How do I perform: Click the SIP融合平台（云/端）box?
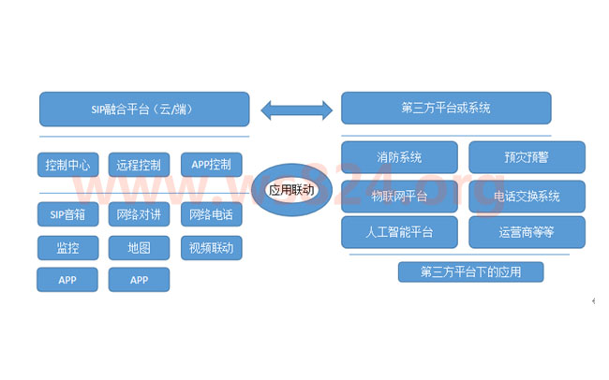(144, 109)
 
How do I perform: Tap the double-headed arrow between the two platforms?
(295, 109)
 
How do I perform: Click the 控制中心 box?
(67, 165)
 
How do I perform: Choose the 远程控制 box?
(139, 165)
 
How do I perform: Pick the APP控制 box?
(211, 165)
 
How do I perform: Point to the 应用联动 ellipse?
(290, 190)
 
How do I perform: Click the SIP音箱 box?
(67, 215)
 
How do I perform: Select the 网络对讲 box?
(139, 215)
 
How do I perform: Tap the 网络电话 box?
(211, 215)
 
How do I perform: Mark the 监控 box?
(67, 248)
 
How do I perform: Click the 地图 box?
(139, 248)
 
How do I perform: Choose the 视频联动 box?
(211, 248)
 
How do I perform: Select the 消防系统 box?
(399, 157)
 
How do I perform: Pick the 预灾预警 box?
(527, 157)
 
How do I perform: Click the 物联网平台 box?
(399, 197)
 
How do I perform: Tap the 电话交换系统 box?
(527, 197)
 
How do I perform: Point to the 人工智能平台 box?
(399, 231)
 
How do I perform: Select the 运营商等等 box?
(527, 231)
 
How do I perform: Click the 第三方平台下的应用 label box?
(470, 272)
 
